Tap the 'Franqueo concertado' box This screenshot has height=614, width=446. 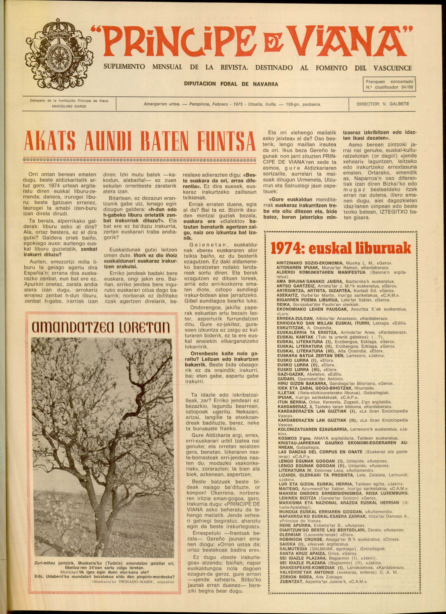pyautogui.click(x=389, y=84)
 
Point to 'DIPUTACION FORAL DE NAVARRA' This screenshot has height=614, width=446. pyautogui.click(x=231, y=84)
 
